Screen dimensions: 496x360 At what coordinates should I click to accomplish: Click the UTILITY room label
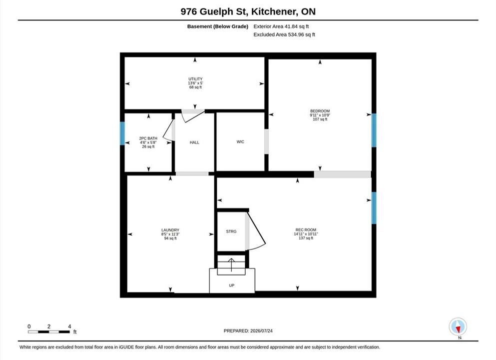coord(195,79)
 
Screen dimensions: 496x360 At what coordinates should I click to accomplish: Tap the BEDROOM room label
coord(320,111)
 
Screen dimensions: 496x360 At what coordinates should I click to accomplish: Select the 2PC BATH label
coord(148,138)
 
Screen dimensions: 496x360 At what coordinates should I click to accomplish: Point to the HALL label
coord(194,142)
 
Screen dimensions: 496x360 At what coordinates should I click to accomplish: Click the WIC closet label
coord(240,142)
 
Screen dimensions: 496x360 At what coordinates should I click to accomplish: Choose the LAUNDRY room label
coord(170,230)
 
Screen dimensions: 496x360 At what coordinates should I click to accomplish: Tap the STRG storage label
coord(231,231)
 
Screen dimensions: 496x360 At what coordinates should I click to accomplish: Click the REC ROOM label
coord(306,229)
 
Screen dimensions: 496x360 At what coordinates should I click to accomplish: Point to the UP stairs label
coord(232,285)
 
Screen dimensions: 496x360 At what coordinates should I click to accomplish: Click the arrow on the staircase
coord(231,265)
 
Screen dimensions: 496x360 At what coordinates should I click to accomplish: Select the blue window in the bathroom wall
coord(122,133)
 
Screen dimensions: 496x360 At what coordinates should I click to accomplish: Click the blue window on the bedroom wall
coord(374,130)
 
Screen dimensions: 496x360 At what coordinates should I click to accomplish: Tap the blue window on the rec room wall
coord(374,207)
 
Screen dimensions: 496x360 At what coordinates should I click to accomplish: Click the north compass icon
coord(458,327)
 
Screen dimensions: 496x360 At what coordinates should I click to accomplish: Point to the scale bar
coord(49,332)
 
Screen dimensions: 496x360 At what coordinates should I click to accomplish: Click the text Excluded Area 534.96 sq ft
coord(284,34)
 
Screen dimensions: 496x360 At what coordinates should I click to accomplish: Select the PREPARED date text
coord(248,330)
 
